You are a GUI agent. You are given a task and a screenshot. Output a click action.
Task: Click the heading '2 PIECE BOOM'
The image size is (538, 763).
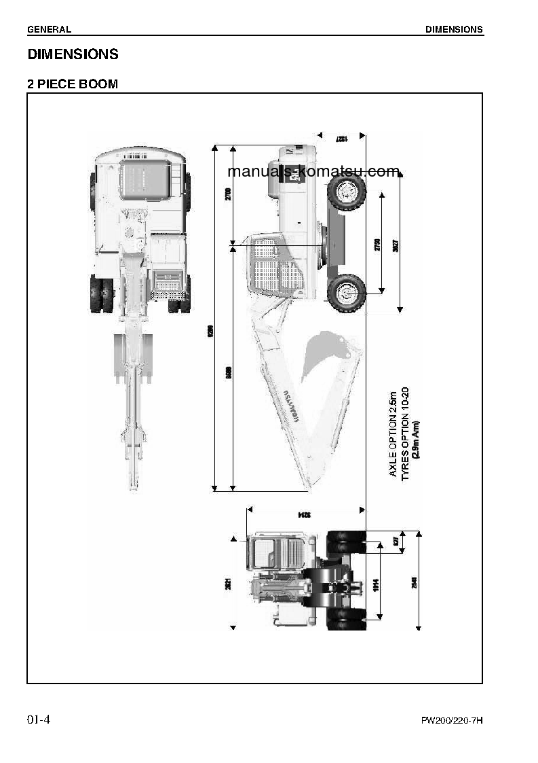73,84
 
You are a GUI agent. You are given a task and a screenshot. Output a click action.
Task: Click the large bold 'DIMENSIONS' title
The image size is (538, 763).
73,54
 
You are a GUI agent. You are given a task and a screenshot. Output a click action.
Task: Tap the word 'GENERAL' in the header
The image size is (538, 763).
49,29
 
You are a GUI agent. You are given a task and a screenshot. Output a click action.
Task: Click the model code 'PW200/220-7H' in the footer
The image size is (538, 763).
452,721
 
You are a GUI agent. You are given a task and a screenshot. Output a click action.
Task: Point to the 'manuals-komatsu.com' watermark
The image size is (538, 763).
313,172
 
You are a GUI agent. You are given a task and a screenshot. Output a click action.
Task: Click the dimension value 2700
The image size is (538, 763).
228,194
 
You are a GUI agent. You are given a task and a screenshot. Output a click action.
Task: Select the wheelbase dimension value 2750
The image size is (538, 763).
378,245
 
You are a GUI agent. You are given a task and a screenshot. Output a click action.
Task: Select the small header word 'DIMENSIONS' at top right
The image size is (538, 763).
454,29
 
